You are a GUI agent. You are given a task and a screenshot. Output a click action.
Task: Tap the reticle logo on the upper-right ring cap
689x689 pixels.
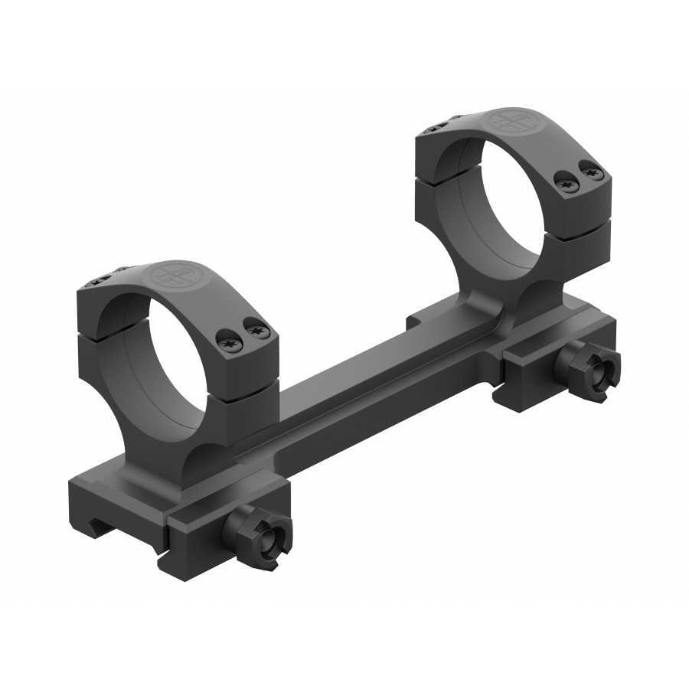(x=508, y=121)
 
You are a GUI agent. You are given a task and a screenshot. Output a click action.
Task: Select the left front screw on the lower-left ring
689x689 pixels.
(x=232, y=344)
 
